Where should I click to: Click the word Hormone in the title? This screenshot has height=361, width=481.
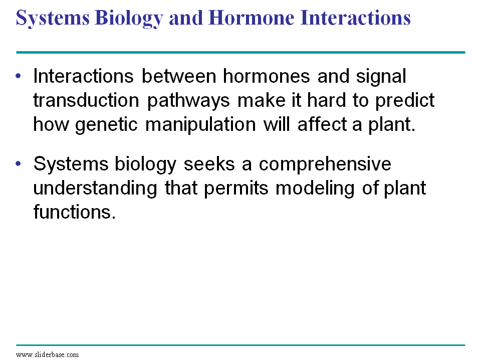click(251, 18)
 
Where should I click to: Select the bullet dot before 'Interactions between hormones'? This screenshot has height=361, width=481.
click(19, 76)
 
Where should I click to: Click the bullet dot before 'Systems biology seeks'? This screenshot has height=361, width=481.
click(19, 163)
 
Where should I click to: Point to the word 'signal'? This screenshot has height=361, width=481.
click(381, 77)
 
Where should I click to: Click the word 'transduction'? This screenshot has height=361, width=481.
click(86, 100)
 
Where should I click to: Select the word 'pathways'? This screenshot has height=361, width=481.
click(188, 101)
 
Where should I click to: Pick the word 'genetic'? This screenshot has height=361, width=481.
click(106, 125)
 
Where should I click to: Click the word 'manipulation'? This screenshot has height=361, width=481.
click(200, 125)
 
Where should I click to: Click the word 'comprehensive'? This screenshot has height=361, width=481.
click(325, 165)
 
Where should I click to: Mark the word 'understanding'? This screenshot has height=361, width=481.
click(95, 189)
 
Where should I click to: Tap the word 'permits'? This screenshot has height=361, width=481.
click(236, 189)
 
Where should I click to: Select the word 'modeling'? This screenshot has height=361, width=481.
click(315, 189)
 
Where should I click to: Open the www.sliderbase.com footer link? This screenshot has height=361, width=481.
click(47, 354)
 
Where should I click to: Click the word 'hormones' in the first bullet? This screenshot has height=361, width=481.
click(266, 76)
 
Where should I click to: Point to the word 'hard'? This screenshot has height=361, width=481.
click(326, 100)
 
